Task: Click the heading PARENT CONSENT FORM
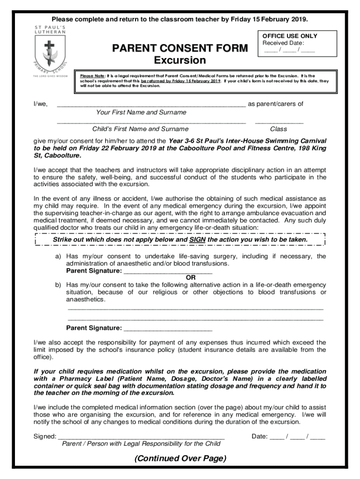tap(180, 48)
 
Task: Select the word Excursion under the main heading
tap(180, 60)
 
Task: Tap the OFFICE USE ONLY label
tap(289, 36)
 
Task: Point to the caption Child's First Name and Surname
tap(141, 129)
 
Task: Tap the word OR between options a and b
tap(191, 277)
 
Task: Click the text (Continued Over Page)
tap(180, 458)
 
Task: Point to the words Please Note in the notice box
tap(92, 75)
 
